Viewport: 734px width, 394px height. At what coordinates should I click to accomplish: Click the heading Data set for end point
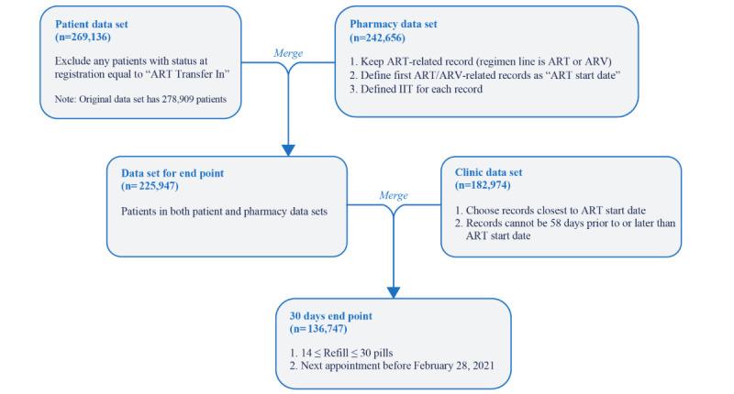click(172, 171)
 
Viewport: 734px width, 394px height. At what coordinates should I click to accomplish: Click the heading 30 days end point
click(328, 314)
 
